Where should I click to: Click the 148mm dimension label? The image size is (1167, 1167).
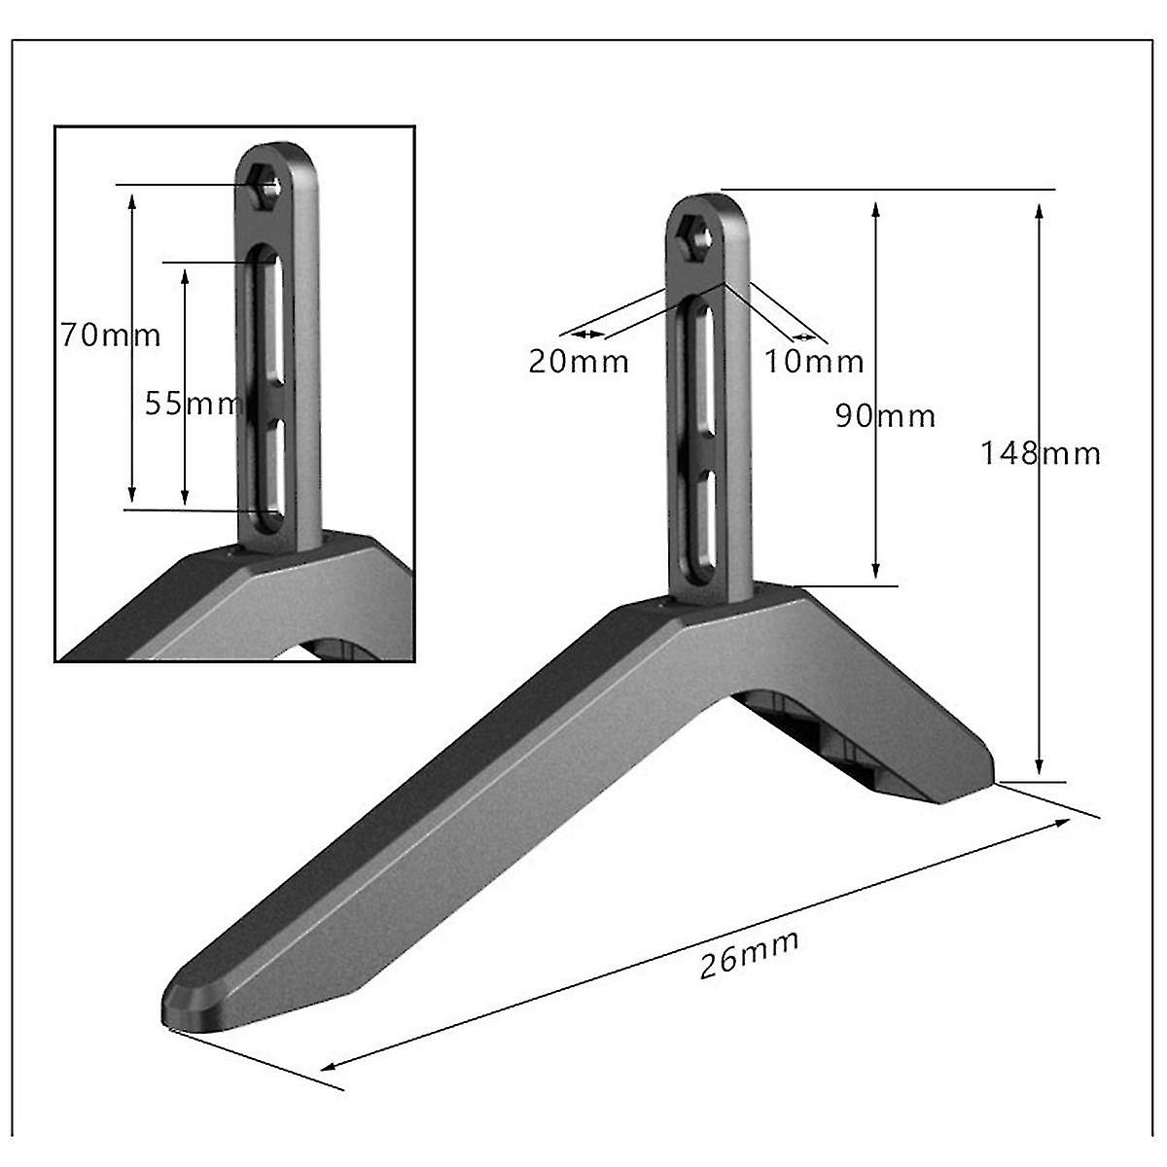(x=1040, y=453)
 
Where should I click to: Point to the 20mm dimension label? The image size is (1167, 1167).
(x=579, y=362)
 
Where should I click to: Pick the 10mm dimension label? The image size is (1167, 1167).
(x=814, y=362)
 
